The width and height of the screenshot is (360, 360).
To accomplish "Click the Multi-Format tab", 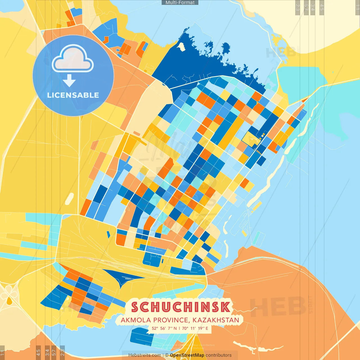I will pos(180,3).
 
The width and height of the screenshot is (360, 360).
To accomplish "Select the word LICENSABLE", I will pos(73,95).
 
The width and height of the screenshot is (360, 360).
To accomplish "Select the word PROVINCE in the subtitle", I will pos(170,320).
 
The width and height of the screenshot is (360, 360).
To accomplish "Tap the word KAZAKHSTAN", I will pos(216,320).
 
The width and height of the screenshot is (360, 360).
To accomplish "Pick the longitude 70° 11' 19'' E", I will pos(195,328).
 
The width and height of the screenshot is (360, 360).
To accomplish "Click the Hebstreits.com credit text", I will pos(145,355).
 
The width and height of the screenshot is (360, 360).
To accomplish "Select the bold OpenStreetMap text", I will pos(187,355).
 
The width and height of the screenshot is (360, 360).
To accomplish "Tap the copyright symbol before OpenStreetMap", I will pos(167,355).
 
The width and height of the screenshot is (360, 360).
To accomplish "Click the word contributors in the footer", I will pos(219,355).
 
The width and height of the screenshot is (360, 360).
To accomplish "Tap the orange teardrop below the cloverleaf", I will pos(9,301).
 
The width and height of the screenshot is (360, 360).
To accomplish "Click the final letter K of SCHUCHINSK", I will pos(225,307).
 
